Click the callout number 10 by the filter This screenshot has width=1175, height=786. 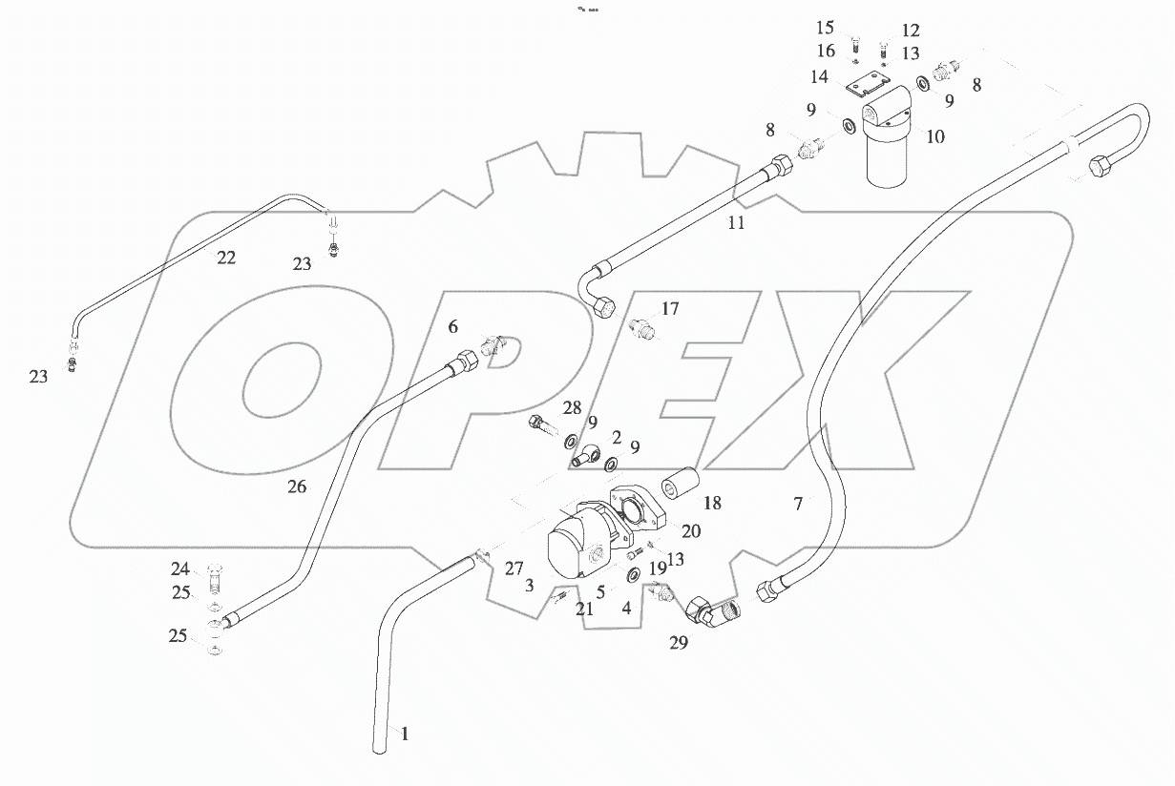pos(935,136)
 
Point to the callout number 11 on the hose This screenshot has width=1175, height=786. pos(735,224)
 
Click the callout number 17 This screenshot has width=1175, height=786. pos(670,309)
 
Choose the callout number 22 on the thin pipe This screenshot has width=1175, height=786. pos(225,257)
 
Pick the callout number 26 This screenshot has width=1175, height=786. pos(296,486)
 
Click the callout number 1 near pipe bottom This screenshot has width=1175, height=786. pos(405,734)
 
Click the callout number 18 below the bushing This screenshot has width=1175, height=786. pos(713,503)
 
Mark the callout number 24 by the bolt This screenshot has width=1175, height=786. pos(180,569)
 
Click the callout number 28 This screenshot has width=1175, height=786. pos(571,409)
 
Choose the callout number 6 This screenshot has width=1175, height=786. pos(453,326)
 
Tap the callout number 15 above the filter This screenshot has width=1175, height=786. pos(825,28)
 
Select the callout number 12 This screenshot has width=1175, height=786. pos(910,30)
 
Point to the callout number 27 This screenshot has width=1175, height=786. pos(514,569)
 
